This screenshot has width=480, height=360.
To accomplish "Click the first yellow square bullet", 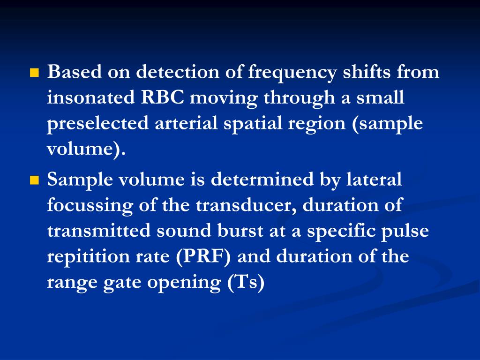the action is tap(35, 73).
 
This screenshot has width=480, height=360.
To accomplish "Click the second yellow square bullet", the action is tap(35, 180).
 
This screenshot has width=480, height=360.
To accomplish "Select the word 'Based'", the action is tap(75, 72).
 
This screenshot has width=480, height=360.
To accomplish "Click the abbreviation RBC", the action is tap(163, 97).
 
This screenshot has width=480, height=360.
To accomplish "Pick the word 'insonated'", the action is tap(91, 97).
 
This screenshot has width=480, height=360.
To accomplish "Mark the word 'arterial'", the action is tap(186, 123).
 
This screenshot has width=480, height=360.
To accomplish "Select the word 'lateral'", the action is tap(374, 179).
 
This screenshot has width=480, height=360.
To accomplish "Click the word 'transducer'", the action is tap(246, 205).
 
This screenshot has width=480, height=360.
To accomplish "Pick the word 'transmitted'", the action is tap(99, 230).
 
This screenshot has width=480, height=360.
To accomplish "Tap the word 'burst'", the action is tap(240, 230).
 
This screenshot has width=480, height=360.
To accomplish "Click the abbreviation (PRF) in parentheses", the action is tap(203, 257).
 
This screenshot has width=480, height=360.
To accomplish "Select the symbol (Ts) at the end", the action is tap(246, 282).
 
